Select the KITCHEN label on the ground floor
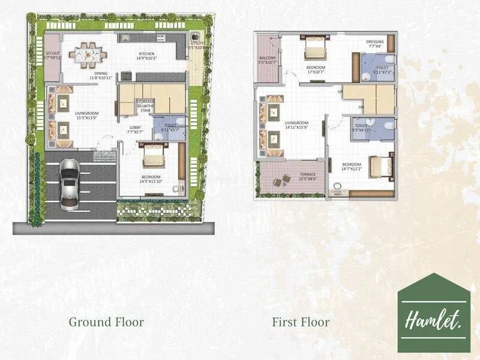(147, 56)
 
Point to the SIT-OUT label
(53, 55)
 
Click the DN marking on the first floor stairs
(361, 107)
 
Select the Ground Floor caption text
(106, 322)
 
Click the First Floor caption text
(301, 322)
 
